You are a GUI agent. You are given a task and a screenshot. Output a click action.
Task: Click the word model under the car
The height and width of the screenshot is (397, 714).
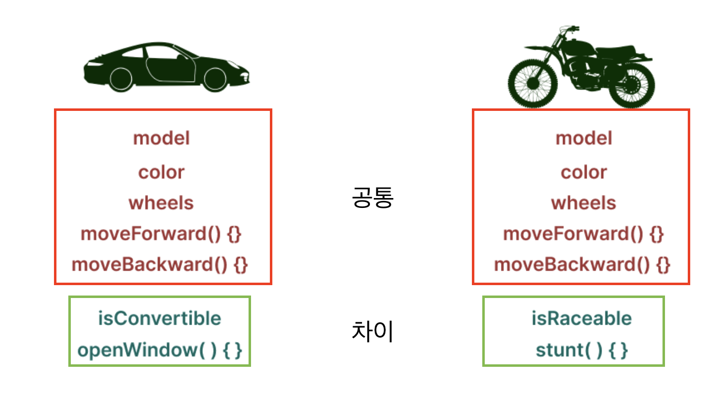pos(161,138)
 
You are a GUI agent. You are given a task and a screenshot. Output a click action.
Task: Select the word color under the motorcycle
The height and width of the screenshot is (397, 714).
pos(584,172)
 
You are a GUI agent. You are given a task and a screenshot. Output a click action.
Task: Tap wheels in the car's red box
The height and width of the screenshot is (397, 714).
pos(161,203)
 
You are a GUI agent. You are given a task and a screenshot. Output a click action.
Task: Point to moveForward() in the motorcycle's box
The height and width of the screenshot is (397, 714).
pos(573,234)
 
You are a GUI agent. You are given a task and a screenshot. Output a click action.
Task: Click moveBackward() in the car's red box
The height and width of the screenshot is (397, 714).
pos(150,265)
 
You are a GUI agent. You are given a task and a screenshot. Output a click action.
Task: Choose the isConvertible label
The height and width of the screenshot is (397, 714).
pos(159,318)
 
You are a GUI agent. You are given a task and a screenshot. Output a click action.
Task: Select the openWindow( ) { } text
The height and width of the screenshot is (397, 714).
pos(159,350)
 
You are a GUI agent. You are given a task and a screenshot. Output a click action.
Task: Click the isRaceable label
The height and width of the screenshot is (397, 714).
pos(581,318)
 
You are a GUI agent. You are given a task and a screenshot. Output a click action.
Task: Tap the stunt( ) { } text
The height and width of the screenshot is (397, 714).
pos(581,350)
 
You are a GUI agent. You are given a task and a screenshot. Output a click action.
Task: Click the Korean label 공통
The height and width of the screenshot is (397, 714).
pos(373,198)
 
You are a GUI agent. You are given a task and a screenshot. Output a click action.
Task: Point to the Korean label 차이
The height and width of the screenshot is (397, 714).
pos(372,331)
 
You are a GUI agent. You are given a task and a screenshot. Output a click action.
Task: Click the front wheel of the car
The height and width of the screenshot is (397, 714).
pos(215,79)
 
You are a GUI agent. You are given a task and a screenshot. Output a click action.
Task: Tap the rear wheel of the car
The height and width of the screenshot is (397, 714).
pos(121,79)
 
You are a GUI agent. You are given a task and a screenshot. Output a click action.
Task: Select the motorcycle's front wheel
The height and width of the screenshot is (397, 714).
pos(533,84)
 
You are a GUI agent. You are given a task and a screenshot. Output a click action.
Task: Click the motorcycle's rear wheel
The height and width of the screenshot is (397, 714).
pos(632,85)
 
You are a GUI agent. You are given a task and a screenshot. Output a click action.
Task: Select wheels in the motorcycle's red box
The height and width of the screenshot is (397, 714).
pos(584,203)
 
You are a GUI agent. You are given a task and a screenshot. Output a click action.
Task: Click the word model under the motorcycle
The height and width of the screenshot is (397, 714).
pos(584,138)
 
